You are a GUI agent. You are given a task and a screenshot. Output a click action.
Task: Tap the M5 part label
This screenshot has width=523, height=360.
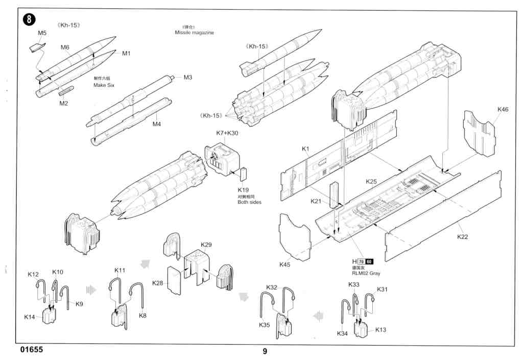(42, 33)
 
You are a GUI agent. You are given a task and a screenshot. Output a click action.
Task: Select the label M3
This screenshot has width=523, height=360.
(187, 78)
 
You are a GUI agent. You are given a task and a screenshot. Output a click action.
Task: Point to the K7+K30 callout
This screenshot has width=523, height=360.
(227, 133)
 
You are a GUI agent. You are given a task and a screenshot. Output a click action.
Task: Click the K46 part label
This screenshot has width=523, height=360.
(503, 109)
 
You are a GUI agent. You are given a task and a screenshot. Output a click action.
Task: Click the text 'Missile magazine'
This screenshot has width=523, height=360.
(194, 33)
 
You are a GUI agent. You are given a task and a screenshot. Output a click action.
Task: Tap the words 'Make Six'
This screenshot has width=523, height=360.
(104, 85)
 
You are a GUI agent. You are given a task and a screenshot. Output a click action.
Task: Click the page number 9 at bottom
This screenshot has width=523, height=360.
(265, 351)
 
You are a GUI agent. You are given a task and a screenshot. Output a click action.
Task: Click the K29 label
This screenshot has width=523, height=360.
(206, 245)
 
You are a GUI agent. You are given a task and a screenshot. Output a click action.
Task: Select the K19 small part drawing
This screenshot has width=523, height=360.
(243, 174)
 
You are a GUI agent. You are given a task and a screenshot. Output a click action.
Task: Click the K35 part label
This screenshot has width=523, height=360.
(264, 325)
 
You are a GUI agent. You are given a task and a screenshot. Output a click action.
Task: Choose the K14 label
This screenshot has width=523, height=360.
(30, 317)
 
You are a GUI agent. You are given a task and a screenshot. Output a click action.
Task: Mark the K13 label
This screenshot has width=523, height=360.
(381, 329)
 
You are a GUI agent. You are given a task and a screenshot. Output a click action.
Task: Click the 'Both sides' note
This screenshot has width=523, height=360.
(249, 202)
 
